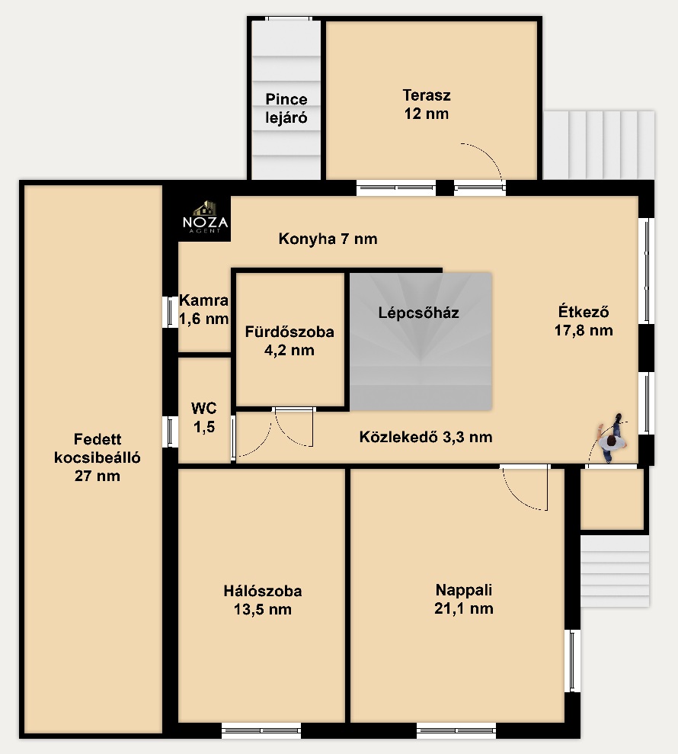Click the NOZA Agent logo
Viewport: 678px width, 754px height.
(x=205, y=217)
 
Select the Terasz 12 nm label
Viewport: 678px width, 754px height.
(x=427, y=104)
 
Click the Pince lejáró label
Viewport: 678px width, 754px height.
(x=286, y=108)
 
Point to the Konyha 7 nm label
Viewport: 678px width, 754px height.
(x=328, y=239)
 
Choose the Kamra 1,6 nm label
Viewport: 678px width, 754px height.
(x=203, y=310)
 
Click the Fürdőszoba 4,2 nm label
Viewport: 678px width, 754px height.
(x=289, y=341)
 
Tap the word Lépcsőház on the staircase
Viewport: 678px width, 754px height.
(x=418, y=313)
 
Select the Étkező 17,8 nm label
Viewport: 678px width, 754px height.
(x=584, y=321)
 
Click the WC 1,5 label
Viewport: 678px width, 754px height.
(x=203, y=417)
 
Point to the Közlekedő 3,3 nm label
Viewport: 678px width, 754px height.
(x=426, y=437)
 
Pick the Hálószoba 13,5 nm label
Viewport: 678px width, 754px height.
(x=262, y=600)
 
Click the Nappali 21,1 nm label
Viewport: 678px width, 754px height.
(x=464, y=598)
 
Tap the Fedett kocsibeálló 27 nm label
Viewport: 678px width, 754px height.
(x=97, y=457)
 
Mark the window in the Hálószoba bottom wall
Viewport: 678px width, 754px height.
(x=261, y=730)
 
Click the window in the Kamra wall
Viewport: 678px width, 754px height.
(x=170, y=312)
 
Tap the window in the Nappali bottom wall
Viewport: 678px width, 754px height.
(x=456, y=730)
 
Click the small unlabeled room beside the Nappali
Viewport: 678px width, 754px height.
(x=612, y=499)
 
